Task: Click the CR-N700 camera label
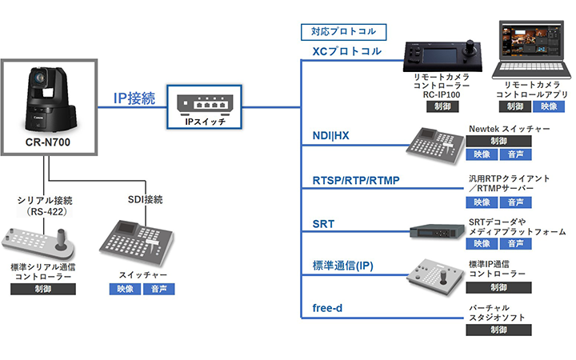point(48,142)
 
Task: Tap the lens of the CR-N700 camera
point(38,78)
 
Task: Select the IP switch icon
point(204,103)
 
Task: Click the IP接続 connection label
point(134,98)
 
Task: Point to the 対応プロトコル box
point(343,32)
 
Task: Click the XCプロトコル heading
point(346,51)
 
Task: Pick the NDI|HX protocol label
point(330,135)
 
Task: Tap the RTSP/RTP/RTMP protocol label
point(356,180)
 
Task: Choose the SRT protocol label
point(323,224)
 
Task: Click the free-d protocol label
point(327,308)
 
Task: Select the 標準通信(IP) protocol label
point(342,266)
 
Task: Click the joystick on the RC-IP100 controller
point(470,48)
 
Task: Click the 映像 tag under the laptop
point(549,106)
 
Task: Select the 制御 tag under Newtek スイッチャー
point(498,141)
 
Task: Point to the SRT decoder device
point(437,232)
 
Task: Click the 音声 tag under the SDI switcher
point(159,289)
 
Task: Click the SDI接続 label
point(145,199)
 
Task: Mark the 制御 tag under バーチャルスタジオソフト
point(498,330)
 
